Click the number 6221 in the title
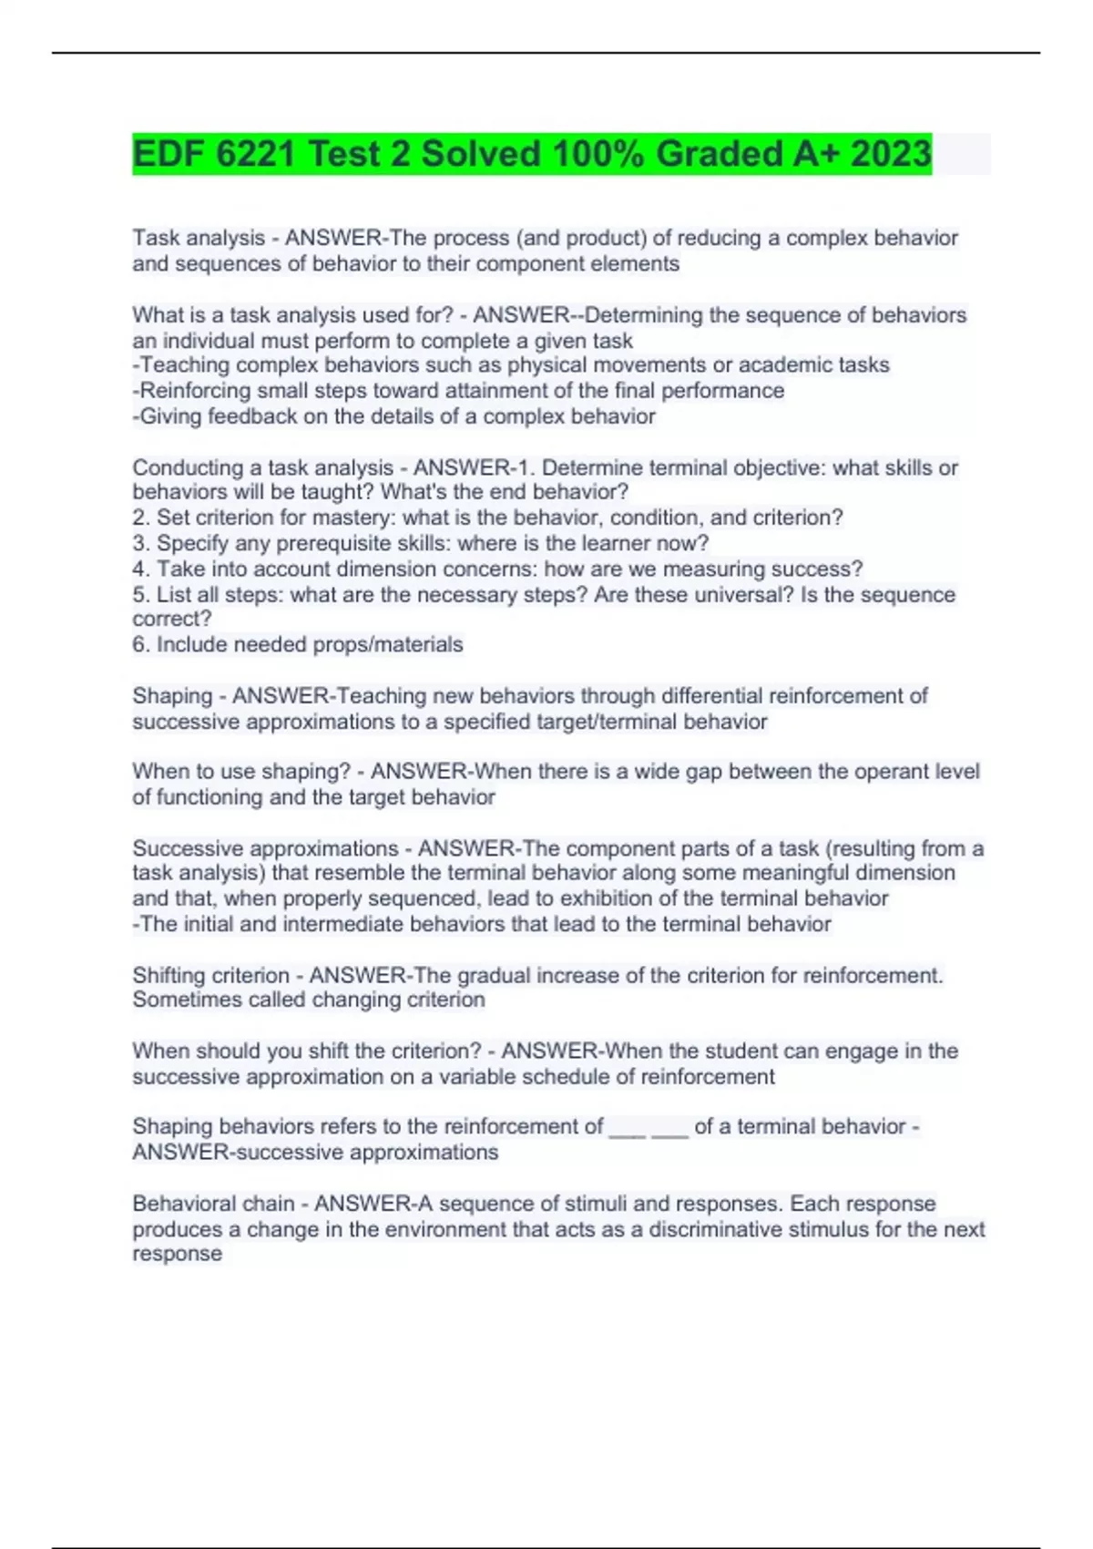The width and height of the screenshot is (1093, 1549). click(x=256, y=153)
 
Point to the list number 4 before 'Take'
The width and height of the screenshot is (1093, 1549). click(x=138, y=569)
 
